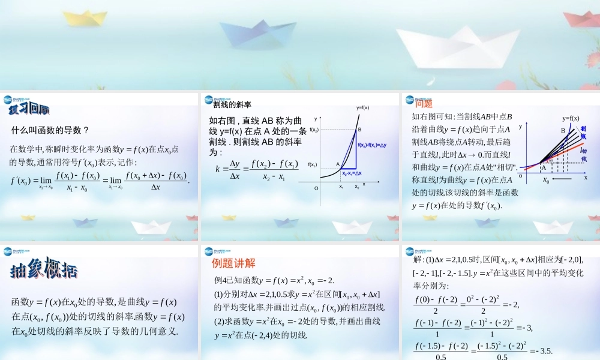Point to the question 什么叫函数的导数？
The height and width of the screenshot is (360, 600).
pos(50,130)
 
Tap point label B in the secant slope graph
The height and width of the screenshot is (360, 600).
pos(359,130)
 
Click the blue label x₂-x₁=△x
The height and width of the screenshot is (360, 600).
pos(352,173)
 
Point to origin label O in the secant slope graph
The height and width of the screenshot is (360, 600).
pos(316,188)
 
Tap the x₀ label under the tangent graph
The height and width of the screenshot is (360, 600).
pos(546,179)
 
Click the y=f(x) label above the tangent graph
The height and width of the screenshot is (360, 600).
pos(571,118)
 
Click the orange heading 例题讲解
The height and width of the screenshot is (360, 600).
pos(233,263)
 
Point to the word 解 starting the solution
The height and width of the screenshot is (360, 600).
pos(418,259)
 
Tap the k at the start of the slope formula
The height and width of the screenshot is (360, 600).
pos(218,169)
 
